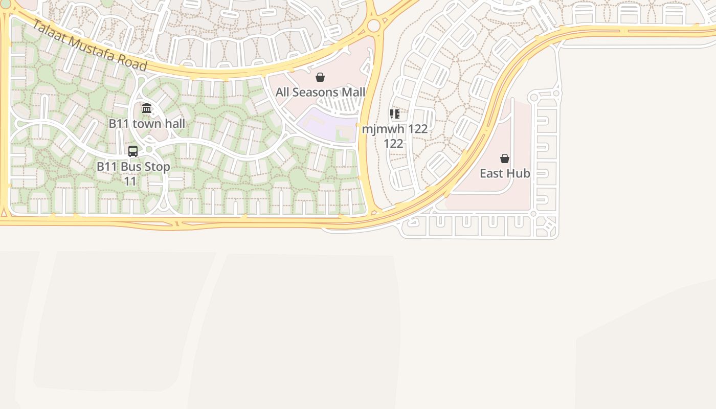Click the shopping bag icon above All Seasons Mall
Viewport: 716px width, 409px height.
320,77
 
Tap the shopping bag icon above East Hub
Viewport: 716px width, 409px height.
505,158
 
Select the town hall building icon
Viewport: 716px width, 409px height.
147,108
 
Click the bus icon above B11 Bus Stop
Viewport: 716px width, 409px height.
133,151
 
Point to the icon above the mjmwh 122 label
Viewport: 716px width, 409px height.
394,113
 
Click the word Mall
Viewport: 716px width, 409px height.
354,93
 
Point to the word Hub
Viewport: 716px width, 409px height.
519,173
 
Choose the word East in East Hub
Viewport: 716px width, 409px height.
491,173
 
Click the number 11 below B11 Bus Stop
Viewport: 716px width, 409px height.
130,181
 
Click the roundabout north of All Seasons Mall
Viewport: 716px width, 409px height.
374,25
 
